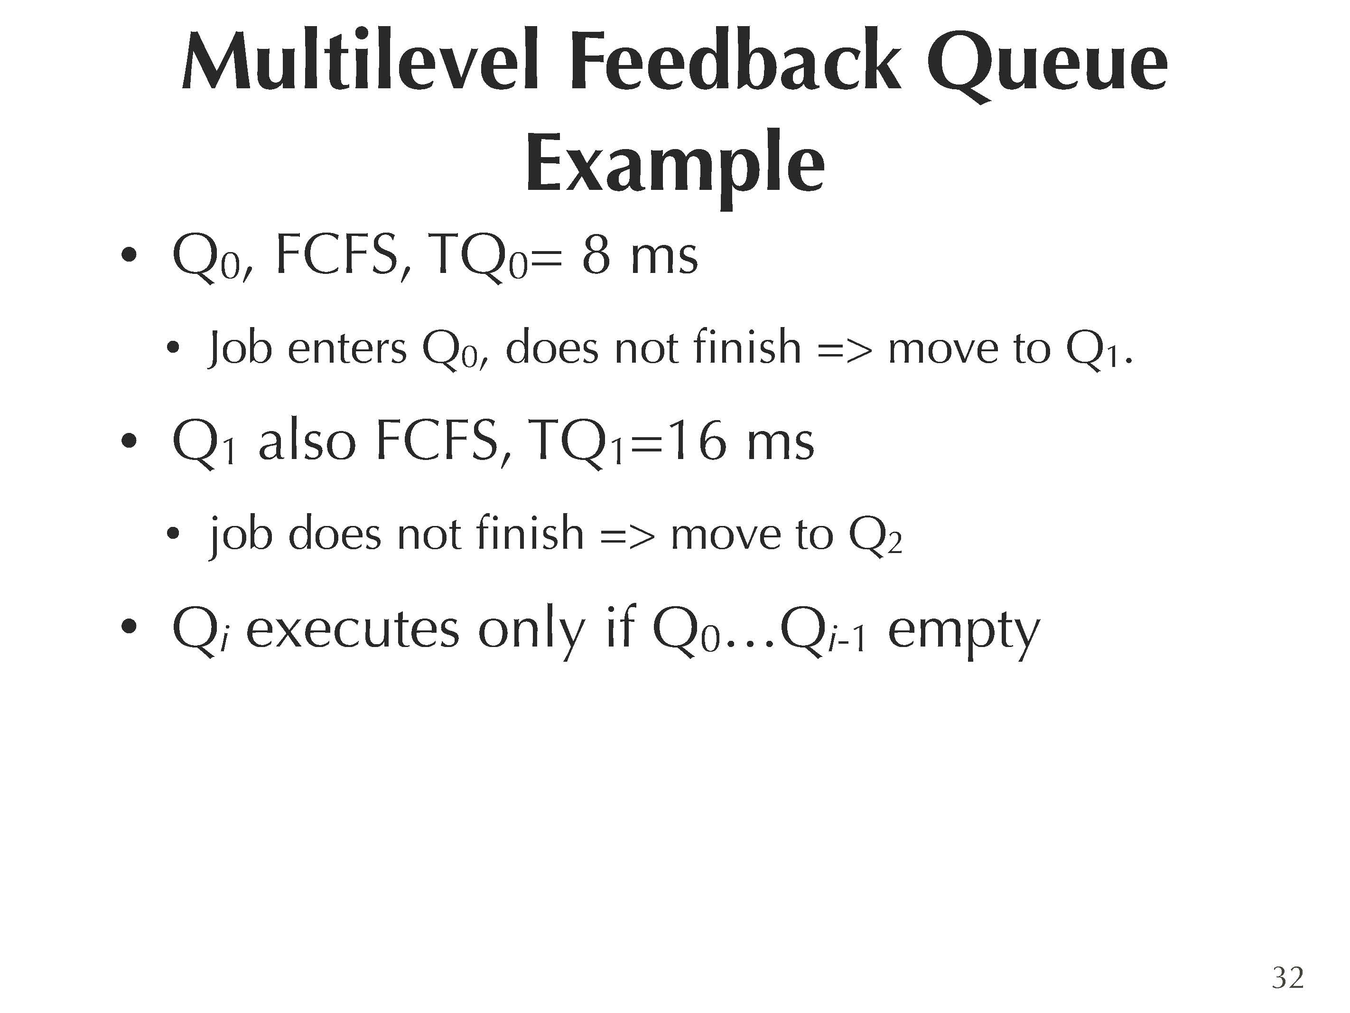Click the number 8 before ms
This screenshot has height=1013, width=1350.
click(596, 256)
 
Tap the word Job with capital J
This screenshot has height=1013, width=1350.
click(240, 348)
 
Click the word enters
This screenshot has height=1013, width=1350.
click(347, 350)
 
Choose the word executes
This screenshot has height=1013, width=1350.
click(352, 629)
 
